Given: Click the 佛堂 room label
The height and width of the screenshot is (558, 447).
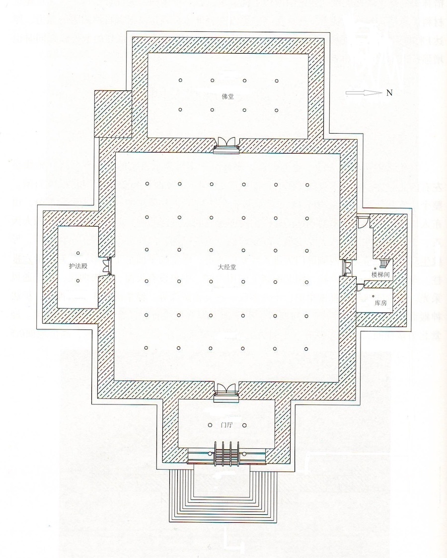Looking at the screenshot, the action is pyautogui.click(x=227, y=96).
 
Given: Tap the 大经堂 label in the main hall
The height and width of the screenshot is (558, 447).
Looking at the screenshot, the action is pyautogui.click(x=227, y=267).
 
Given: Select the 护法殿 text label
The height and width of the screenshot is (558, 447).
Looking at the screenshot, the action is pyautogui.click(x=78, y=266).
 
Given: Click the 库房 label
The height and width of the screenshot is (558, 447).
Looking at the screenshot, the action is pyautogui.click(x=380, y=303).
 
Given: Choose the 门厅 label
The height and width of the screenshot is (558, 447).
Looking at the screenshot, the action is pyautogui.click(x=227, y=425).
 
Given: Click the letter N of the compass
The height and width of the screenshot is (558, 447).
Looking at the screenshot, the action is pyautogui.click(x=389, y=93).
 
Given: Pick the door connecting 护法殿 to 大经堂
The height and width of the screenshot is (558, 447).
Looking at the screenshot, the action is pyautogui.click(x=107, y=266).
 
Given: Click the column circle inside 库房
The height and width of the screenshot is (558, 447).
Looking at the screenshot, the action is pyautogui.click(x=373, y=296).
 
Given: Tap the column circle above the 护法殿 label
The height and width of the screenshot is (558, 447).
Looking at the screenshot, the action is pyautogui.click(x=78, y=253).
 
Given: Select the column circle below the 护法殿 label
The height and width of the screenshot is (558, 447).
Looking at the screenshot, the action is pyautogui.click(x=78, y=281).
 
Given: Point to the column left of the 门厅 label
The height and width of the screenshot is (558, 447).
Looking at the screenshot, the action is pyautogui.click(x=210, y=425).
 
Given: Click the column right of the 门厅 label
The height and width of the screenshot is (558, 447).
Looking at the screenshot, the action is pyautogui.click(x=244, y=425).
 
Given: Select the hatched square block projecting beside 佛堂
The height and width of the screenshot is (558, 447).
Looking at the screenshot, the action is pyautogui.click(x=113, y=114).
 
